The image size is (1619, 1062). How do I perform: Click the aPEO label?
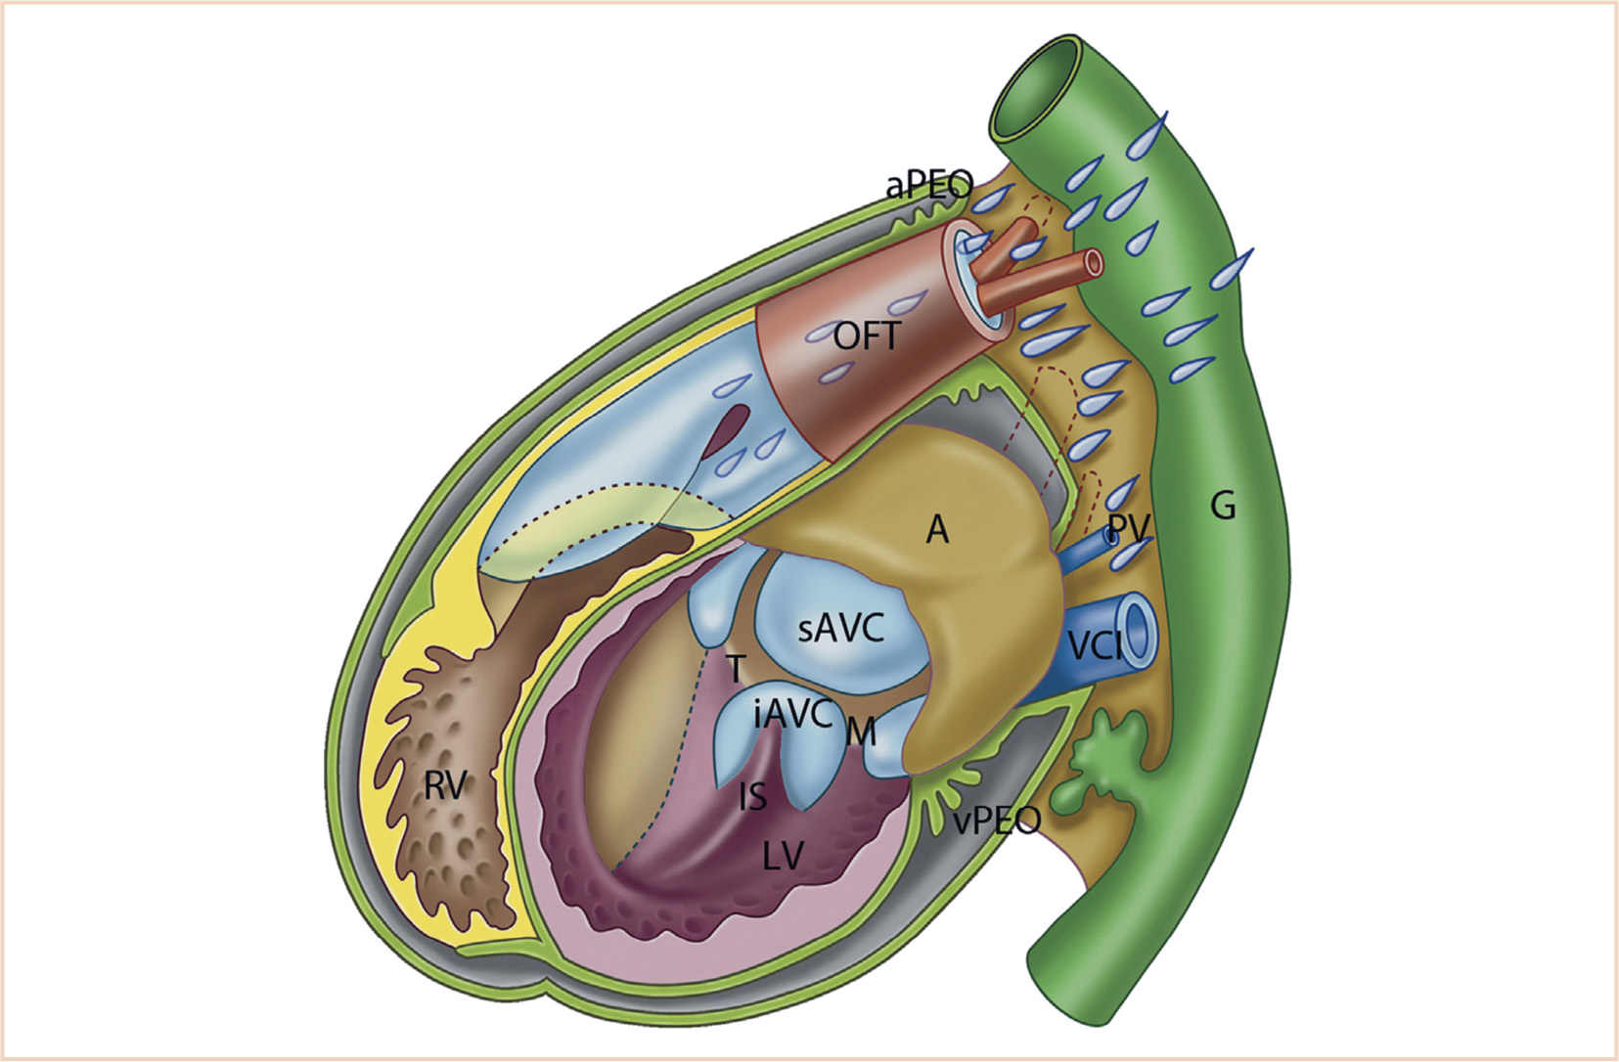tap(929, 184)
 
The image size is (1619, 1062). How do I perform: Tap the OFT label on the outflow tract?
tap(866, 337)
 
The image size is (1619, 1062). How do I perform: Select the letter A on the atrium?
tap(937, 530)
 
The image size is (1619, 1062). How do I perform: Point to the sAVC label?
tap(841, 629)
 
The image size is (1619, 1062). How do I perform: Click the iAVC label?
tap(792, 715)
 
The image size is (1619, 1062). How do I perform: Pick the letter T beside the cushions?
tap(736, 670)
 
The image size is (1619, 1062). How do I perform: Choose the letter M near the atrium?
tap(861, 731)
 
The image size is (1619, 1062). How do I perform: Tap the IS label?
tap(752, 798)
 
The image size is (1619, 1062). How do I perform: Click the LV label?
tap(783, 857)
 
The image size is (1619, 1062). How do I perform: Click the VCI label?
tap(1094, 647)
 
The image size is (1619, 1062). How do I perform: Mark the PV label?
tap(1127, 529)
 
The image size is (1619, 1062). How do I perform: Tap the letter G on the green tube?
tap(1223, 507)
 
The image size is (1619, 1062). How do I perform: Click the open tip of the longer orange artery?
tap(1092, 262)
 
